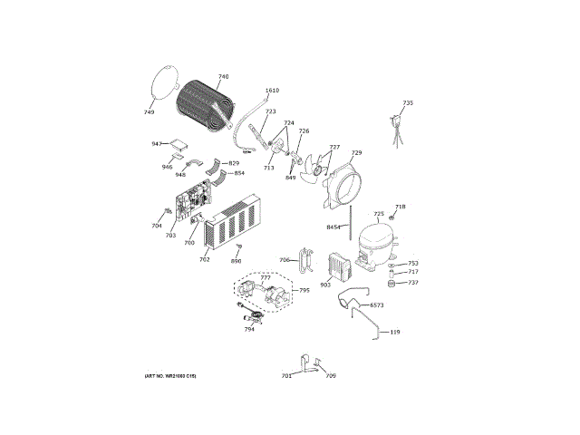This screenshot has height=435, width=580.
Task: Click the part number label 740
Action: pos(223,77)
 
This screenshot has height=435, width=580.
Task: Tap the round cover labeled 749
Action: pos(162,83)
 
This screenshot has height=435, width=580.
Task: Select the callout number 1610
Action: pos(272,92)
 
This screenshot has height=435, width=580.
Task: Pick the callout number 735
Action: pos(408,103)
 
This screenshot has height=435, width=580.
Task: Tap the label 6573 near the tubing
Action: pos(377,305)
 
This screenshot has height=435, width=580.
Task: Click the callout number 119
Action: pos(395,333)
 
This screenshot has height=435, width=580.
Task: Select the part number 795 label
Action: pos(304,290)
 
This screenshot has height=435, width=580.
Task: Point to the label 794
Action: pos(248,329)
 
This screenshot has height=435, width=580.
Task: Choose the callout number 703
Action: pos(169,236)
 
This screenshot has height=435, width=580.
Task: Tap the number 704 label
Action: pos(156,226)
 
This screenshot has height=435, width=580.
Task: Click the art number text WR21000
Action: pos(169,375)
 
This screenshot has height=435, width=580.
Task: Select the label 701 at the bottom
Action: pos(286,375)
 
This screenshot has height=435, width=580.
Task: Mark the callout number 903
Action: pos(325,285)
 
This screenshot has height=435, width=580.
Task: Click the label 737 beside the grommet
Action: pos(413,283)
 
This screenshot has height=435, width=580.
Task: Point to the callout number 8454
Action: pos(333,227)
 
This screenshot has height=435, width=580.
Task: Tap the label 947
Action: pos(156,144)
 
